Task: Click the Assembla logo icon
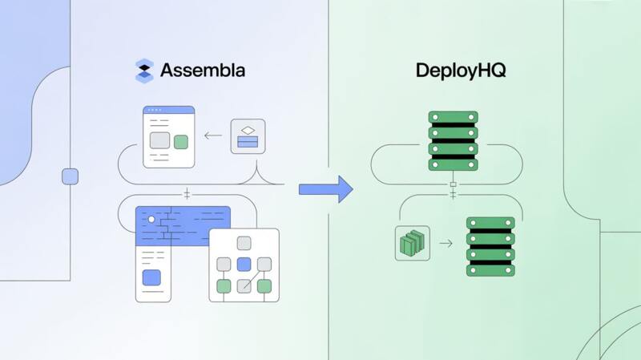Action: pos(144,71)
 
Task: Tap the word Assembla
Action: pos(203,71)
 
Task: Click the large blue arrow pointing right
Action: pos(325,189)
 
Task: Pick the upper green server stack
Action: pos(453,141)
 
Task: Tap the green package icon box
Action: pos(413,242)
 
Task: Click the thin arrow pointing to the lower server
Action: pos(445,242)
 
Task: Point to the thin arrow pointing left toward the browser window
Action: pos(213,136)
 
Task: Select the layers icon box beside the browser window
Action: pos(248,136)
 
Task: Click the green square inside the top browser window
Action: pos(181,142)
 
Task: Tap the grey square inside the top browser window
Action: pos(159,141)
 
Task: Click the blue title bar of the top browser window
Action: pos(168,110)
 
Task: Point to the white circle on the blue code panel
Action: pos(151,219)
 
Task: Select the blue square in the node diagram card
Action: pos(244,264)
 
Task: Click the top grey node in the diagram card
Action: pos(244,243)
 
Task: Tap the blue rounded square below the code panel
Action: pos(151,278)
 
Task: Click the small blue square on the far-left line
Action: pos(70,176)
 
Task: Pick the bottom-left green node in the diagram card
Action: pos(224,285)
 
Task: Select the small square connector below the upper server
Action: pos(453,184)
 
